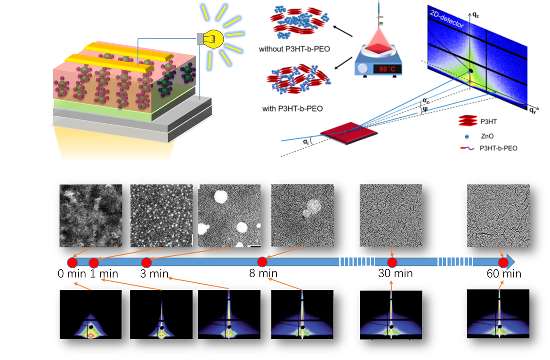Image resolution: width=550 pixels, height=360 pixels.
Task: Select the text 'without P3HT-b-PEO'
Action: (294, 48)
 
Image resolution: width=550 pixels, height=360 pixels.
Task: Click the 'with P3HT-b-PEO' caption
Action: (293, 109)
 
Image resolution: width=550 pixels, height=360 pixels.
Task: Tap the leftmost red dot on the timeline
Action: (72, 262)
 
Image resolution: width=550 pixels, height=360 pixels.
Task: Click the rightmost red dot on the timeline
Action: (504, 262)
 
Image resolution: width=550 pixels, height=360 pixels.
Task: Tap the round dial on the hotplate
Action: (363, 69)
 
